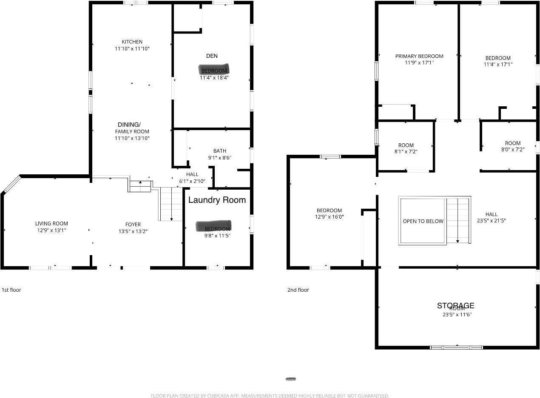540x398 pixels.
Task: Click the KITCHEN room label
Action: point(132,42)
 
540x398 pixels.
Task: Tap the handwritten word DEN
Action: point(212,56)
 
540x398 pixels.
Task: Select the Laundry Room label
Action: point(217,200)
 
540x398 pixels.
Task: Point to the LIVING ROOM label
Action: point(51,224)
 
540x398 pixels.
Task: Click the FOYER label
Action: point(133,225)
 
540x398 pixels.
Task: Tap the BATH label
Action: point(220,151)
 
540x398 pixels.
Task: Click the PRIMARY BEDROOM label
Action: point(419,56)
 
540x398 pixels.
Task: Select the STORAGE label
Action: point(455,305)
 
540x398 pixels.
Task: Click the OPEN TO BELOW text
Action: point(423,221)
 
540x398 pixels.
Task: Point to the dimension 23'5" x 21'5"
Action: point(491,221)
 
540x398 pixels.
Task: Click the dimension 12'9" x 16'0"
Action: point(329,217)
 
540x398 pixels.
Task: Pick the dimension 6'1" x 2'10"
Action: point(192,181)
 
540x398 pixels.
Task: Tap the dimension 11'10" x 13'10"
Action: point(132,138)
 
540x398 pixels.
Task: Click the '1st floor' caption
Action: point(11,290)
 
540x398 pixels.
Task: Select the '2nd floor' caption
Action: point(298,290)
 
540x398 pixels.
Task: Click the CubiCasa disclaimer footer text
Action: point(270,396)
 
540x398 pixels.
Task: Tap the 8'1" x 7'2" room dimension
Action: point(406,151)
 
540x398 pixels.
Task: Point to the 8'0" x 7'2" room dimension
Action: point(512,149)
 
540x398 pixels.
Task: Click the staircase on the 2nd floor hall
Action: point(458,220)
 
